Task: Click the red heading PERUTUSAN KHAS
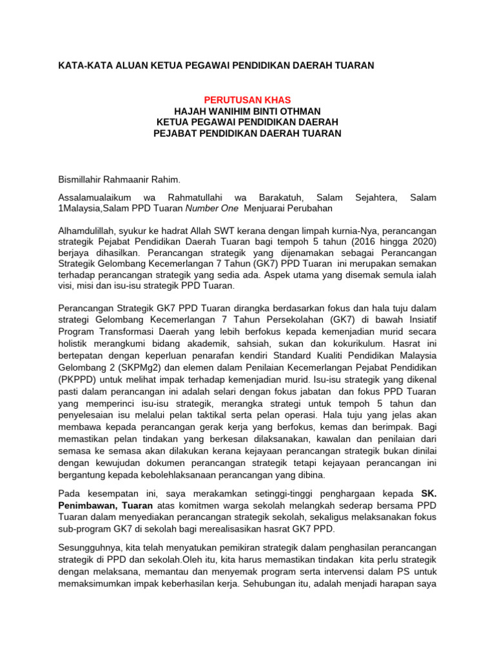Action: pos(247,100)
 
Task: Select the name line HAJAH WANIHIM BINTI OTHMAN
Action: pos(247,111)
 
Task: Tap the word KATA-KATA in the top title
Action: pos(83,66)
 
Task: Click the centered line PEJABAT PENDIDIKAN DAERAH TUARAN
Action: pos(247,133)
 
